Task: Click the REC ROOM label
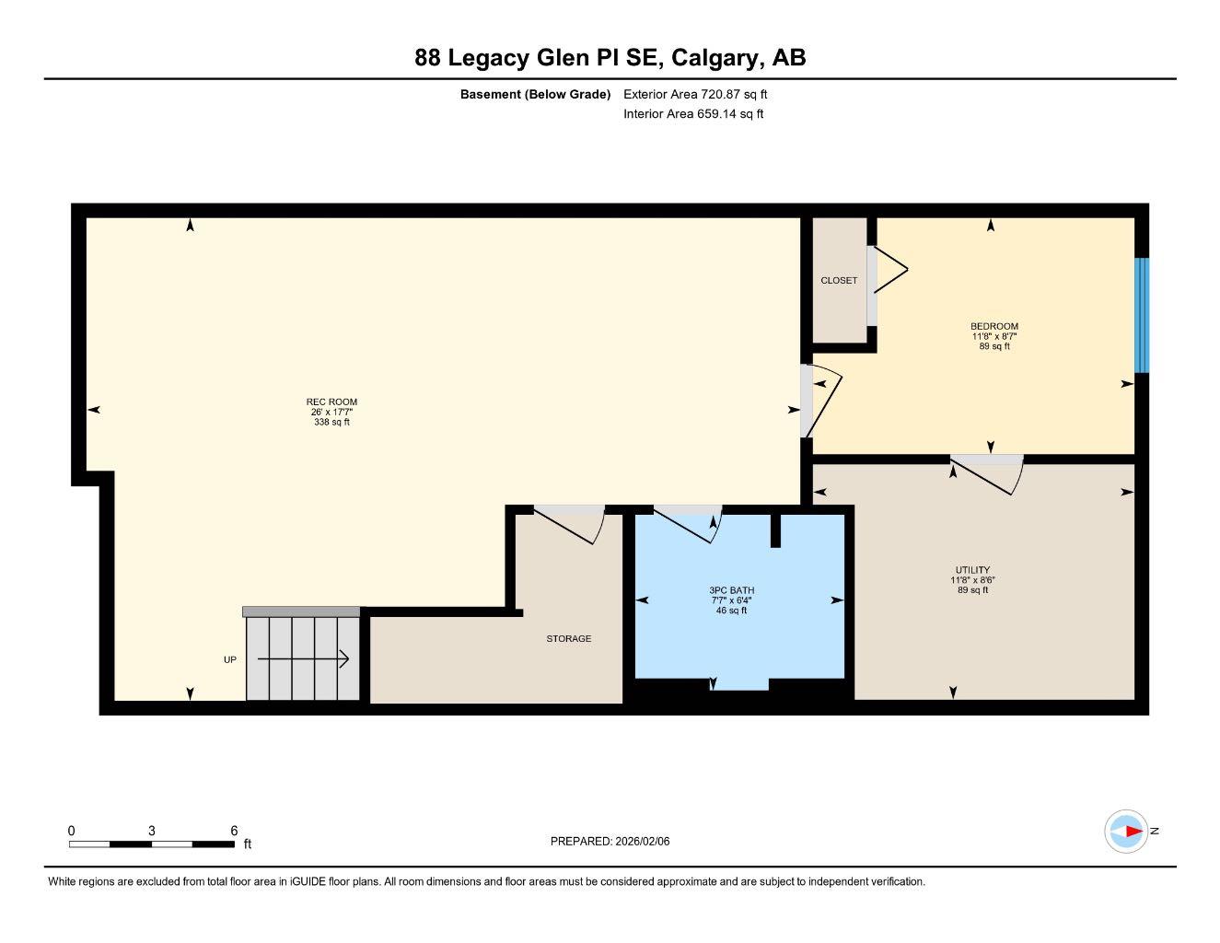331,402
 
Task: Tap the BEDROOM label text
994,326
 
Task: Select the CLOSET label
839,280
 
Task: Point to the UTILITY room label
972,570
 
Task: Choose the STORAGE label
568,638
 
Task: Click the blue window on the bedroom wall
1142,315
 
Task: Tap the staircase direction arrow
303,658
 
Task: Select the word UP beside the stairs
230,659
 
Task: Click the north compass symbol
1126,832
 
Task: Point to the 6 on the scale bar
234,830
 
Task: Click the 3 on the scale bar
152,830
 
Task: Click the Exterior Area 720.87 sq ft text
695,94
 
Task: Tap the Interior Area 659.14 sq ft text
693,114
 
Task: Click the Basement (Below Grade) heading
535,94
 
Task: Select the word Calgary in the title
716,58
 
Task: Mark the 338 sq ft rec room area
331,423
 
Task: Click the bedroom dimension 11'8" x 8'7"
994,336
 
